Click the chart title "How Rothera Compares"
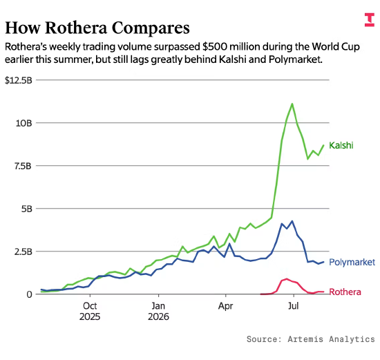[x=97, y=28]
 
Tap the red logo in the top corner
[x=370, y=20]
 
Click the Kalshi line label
[x=341, y=146]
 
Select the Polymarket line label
[x=352, y=262]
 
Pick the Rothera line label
[x=345, y=292]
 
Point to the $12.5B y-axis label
[x=19, y=80]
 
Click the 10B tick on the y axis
[x=24, y=123]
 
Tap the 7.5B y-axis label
[x=23, y=166]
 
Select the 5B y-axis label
[x=27, y=209]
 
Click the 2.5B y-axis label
[x=23, y=252]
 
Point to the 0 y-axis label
[x=29, y=294]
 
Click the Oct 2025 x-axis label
[x=90, y=311]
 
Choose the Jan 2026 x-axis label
[x=158, y=311]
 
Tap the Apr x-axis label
[x=225, y=306]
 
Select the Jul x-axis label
[x=293, y=306]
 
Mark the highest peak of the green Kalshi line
[x=292, y=104]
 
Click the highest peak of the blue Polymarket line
[x=292, y=221]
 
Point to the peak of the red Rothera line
[x=287, y=278]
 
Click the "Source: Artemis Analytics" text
[x=311, y=339]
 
